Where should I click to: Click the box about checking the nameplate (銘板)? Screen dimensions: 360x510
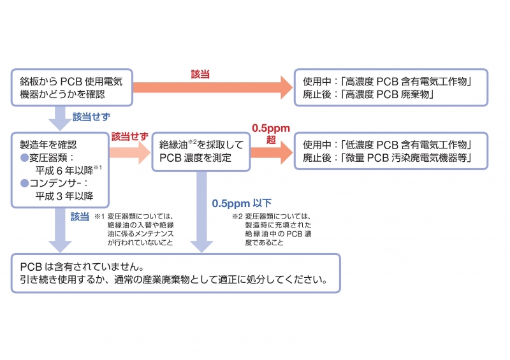tap(72, 88)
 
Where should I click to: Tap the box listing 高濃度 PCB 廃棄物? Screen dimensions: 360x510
tap(391, 88)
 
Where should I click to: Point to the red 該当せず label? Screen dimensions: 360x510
tap(129, 137)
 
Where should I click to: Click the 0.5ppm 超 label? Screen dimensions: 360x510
tap(272, 134)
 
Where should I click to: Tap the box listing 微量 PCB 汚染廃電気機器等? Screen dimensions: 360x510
tap(391, 151)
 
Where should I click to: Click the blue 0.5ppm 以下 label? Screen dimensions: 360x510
tap(242, 203)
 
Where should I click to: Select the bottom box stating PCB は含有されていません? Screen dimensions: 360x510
tap(175, 273)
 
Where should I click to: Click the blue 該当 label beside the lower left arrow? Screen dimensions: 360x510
tap(80, 216)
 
